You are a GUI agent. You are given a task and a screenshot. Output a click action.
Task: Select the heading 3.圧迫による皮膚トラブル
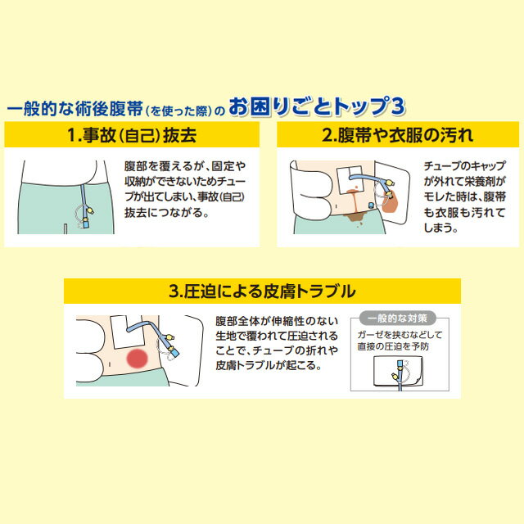click(x=261, y=291)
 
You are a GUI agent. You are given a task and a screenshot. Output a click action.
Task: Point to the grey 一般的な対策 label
click(x=399, y=317)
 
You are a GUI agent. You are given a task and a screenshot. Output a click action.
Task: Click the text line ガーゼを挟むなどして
click(x=399, y=334)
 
